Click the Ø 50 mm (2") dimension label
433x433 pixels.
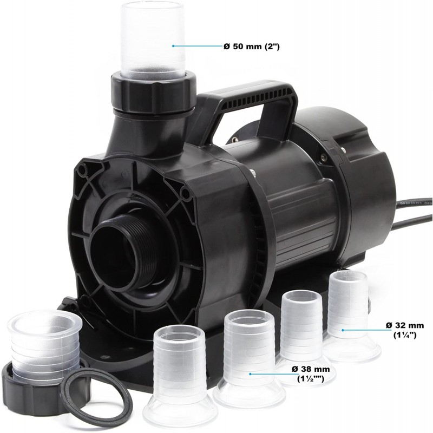tap(252, 47)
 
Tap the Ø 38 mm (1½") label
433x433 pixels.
tap(311, 374)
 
